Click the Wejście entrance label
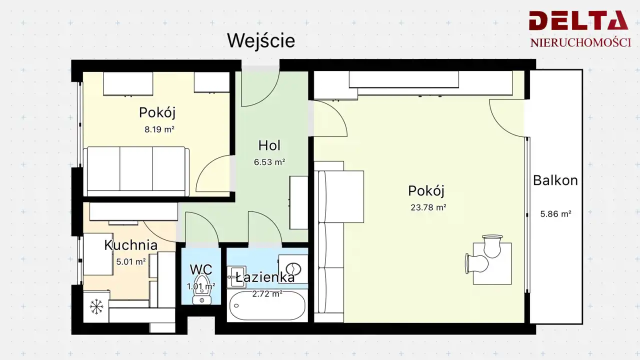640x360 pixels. pos(261,41)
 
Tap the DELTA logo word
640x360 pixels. pos(578,20)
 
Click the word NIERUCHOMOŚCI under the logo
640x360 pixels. pos(580,42)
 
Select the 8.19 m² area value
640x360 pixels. pos(159,129)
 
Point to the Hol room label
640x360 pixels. pos(269,145)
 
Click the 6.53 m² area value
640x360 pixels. pos(269,162)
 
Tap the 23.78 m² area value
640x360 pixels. pos(428,207)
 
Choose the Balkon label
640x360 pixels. pos(555,180)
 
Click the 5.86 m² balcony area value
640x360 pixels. pos(555,213)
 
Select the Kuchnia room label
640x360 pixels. pos(130,245)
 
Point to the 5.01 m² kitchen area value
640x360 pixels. pos(131,261)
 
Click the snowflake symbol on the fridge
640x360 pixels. pos(96,307)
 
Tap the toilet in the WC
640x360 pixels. pos(202,289)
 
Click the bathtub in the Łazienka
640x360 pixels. pos(267,306)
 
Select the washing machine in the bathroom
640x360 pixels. pos(293,269)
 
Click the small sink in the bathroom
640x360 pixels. pos(236,277)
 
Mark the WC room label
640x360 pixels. pos(201,269)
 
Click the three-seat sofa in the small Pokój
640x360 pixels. pos(136,171)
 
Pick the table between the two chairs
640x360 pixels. pos(492,263)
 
